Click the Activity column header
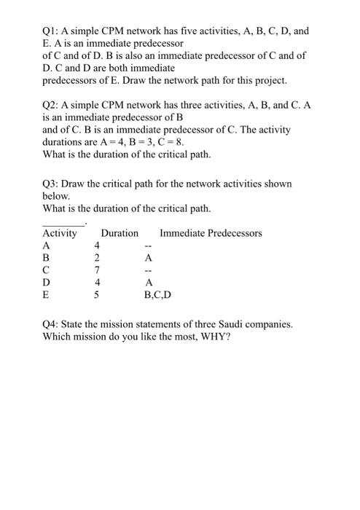pos(60,233)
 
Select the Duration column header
pos(119,233)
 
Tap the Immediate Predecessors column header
pos(211,233)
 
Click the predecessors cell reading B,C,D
pos(159,295)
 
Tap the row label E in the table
pos(47,295)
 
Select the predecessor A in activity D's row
pos(149,283)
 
